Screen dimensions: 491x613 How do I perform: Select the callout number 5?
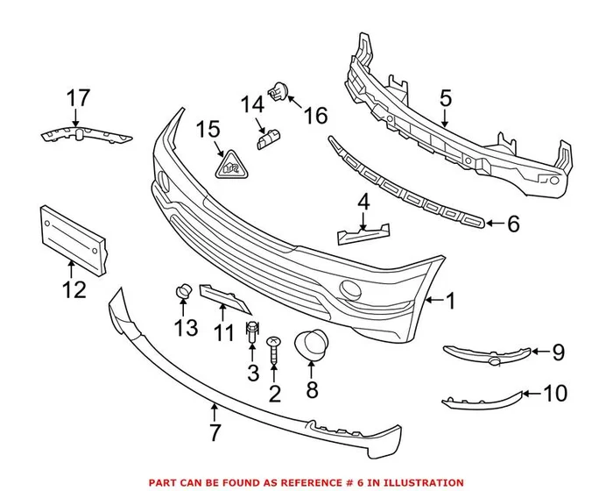tap(446, 99)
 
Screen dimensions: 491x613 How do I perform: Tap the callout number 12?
tap(74, 288)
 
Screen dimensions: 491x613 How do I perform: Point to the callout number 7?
tap(214, 432)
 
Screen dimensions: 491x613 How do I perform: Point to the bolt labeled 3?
tap(253, 331)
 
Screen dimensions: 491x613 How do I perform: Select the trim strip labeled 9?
tap(487, 354)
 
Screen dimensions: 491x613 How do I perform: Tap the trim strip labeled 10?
tap(481, 399)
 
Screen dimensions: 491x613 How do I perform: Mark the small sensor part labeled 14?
tap(268, 138)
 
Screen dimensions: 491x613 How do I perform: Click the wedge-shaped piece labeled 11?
tap(225, 297)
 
